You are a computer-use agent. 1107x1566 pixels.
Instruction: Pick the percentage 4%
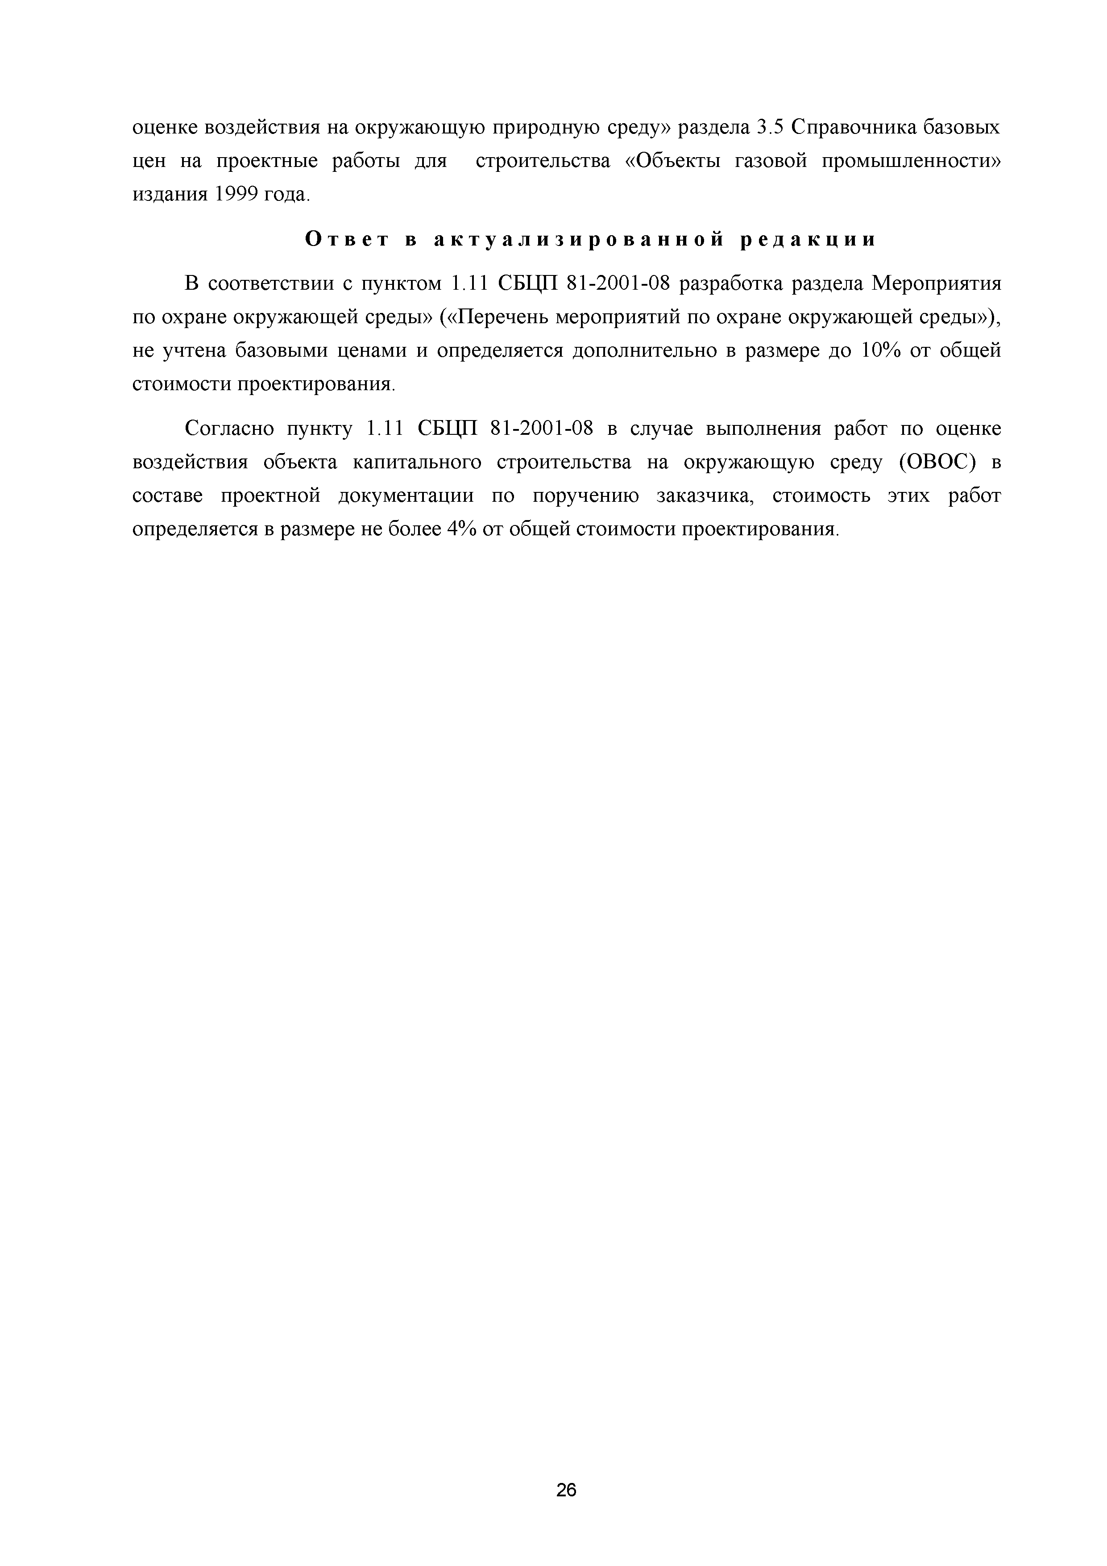[461, 529]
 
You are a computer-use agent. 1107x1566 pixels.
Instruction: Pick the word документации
[406, 496]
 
